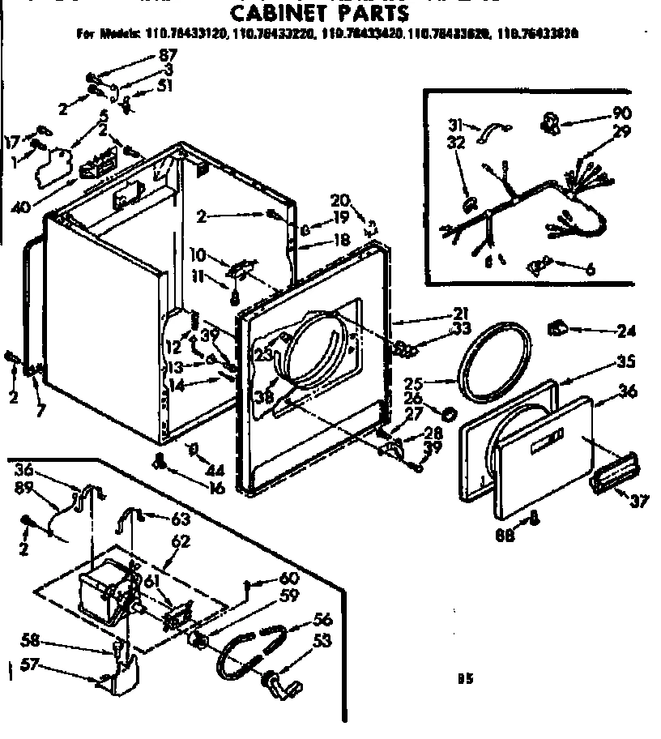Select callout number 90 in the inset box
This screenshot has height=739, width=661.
click(622, 113)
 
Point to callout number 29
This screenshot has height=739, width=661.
click(622, 131)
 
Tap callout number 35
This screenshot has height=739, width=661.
click(626, 362)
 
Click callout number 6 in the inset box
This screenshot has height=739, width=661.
click(590, 270)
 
